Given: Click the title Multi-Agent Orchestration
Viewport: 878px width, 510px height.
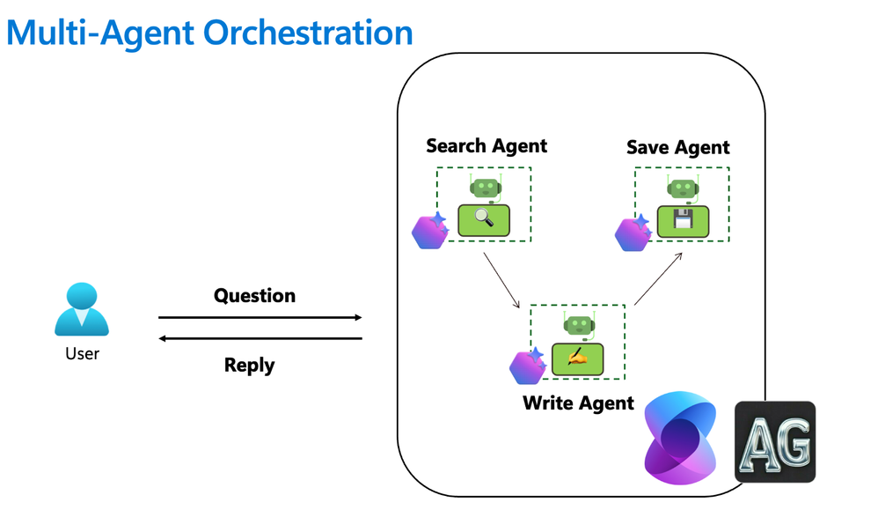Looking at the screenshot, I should point(209,33).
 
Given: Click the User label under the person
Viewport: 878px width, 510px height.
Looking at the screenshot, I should point(82,354).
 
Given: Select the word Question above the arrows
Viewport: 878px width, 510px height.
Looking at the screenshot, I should point(254,296).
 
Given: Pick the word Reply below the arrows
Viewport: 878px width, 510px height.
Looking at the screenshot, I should point(249,365).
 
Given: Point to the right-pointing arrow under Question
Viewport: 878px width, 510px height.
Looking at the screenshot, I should point(260,317).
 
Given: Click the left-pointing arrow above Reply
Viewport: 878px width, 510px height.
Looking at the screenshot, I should point(260,338).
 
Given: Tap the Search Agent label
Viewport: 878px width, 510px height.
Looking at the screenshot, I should point(487,146).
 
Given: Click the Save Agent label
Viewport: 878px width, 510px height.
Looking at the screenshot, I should point(677,148).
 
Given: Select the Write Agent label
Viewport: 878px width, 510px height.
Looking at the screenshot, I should point(578,403).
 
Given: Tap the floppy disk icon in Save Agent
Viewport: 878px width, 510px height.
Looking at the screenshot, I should point(683,219).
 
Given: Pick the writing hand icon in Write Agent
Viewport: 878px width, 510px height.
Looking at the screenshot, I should point(577,358).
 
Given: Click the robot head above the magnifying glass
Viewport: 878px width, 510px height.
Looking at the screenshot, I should point(485,187).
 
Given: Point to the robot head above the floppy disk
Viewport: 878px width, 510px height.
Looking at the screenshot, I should point(683,188).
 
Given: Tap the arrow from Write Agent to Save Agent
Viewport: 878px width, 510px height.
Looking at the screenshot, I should point(658,279).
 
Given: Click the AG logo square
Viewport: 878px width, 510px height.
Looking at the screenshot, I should point(775,442).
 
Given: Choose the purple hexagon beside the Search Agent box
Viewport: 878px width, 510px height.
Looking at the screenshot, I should point(430,231).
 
